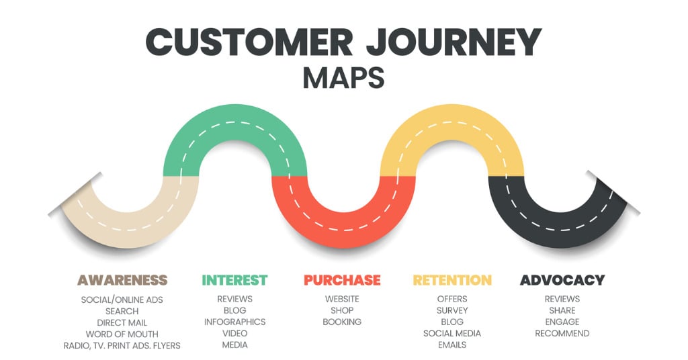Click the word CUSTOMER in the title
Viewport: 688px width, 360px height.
pos(249,42)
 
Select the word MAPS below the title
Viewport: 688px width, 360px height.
pos(343,78)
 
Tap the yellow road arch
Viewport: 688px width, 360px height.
pos(452,124)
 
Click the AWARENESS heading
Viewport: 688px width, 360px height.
pos(122,280)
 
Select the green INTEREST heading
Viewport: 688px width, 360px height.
pos(234,280)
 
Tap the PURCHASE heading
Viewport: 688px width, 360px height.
pos(342,280)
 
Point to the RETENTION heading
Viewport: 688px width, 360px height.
pos(452,280)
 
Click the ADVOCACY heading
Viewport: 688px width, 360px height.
pos(562,280)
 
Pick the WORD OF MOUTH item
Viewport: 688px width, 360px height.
pos(122,334)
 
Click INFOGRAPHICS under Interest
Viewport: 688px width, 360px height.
pos(234,322)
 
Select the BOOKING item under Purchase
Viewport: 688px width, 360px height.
pos(342,322)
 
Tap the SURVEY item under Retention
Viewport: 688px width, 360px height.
pos(452,310)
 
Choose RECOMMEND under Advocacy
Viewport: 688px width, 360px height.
pos(562,333)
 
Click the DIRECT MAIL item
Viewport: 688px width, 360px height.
pos(122,323)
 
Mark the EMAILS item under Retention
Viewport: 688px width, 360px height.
pos(452,345)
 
